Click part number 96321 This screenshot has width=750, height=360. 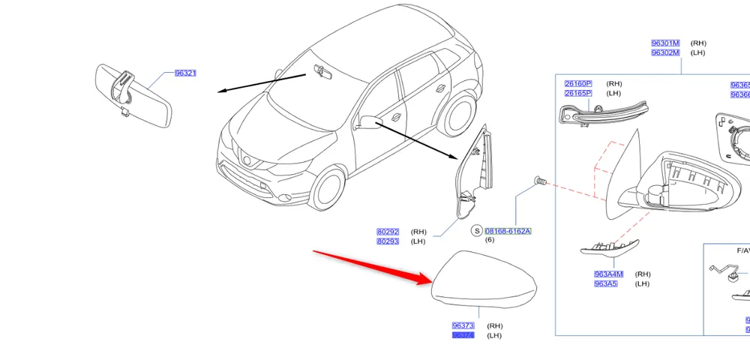point(185,73)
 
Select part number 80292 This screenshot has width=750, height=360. point(388,232)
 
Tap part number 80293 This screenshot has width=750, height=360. point(388,241)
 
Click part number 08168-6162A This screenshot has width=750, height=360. point(508,231)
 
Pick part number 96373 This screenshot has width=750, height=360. point(463,326)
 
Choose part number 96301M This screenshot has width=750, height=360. point(665,43)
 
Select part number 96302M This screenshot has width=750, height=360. point(665,52)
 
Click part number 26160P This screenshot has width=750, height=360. point(578,84)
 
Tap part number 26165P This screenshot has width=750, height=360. point(578,94)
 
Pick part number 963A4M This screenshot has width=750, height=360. point(609,274)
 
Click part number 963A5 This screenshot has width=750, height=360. point(606,284)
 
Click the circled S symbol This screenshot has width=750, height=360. point(476,231)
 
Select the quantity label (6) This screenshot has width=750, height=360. point(490,240)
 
